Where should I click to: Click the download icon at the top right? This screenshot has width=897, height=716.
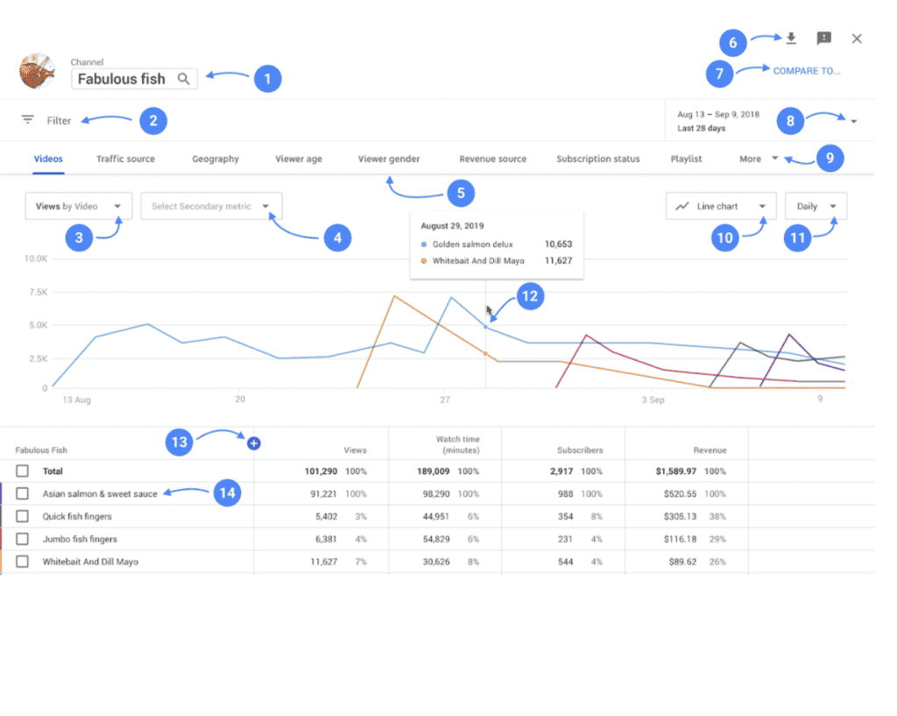[791, 39]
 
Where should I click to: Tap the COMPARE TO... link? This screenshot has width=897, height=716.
[806, 71]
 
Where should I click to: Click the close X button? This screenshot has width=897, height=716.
[857, 39]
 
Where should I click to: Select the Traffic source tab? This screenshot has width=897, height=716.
[125, 160]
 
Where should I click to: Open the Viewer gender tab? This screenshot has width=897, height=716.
[389, 160]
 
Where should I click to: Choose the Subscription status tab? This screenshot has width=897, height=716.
[598, 160]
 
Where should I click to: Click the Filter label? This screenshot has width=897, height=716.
[60, 121]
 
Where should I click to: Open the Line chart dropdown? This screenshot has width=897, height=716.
[721, 207]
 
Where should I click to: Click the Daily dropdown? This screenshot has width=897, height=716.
[816, 207]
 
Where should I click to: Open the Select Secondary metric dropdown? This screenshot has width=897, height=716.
[211, 207]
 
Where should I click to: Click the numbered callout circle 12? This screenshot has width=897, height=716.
[529, 296]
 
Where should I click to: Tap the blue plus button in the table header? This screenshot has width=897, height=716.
[254, 444]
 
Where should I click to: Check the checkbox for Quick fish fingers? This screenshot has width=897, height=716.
[22, 516]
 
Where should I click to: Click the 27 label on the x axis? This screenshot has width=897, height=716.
[445, 400]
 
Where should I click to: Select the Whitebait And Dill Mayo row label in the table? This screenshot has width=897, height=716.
[90, 562]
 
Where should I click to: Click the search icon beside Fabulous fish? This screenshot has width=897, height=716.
[183, 79]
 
